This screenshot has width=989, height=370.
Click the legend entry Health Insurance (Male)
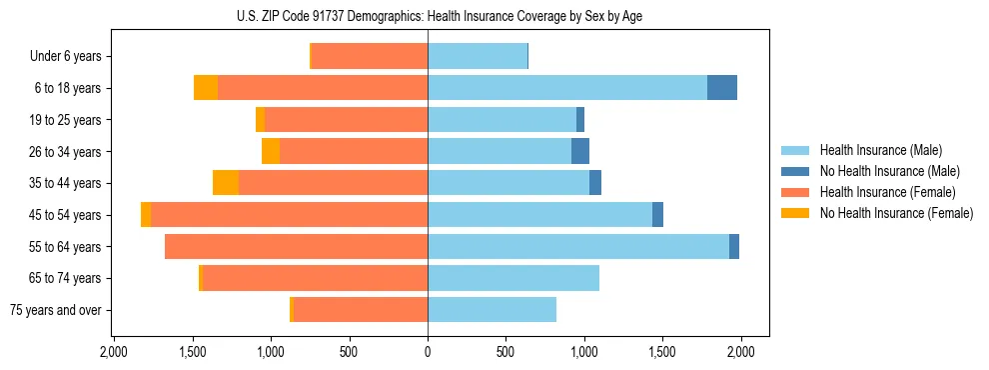pos(875,150)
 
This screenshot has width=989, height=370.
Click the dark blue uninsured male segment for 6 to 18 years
pos(722,88)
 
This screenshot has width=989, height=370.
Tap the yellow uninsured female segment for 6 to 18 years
pos(206,88)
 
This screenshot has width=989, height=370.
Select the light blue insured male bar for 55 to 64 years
pos(578,247)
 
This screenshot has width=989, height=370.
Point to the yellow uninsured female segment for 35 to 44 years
pos(226,183)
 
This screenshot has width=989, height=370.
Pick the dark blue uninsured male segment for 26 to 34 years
pos(580,151)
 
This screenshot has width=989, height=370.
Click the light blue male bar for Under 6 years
pos(478,56)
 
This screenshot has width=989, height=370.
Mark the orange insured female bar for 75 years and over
pos(360,310)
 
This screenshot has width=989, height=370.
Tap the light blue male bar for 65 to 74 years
pos(513,278)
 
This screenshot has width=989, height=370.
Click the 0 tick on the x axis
pos(428,352)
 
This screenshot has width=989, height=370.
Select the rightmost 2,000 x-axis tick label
pos(740,352)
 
